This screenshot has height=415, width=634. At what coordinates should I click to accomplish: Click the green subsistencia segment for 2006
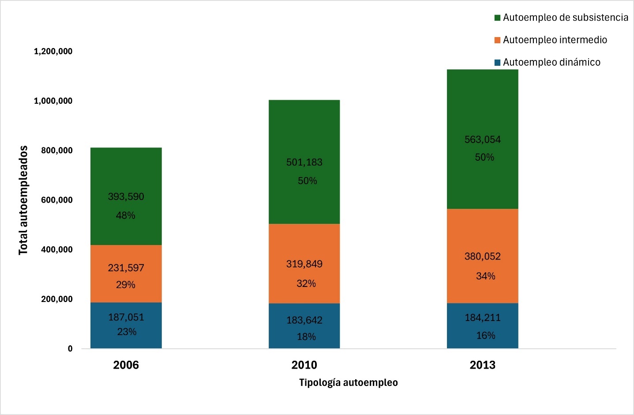[126, 196]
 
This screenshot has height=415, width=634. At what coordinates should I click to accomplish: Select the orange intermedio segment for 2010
[304, 264]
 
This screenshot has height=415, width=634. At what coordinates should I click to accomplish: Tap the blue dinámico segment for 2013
[483, 326]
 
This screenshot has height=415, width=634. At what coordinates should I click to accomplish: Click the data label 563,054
[483, 140]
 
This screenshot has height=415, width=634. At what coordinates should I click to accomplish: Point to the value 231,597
[126, 268]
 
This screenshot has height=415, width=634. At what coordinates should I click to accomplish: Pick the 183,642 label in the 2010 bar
[304, 320]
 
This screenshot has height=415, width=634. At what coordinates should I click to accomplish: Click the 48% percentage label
[126, 215]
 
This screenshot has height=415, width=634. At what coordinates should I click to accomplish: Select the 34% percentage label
[486, 276]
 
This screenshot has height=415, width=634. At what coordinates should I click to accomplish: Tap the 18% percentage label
[306, 336]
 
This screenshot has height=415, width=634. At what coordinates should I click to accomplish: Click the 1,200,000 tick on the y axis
[53, 51]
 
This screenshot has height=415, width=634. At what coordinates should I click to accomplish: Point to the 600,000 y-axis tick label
[57, 200]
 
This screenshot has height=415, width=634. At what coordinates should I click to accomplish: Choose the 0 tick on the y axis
[70, 349]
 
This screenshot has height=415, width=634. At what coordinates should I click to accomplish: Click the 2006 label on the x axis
[126, 365]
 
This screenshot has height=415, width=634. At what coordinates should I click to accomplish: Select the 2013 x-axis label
[483, 365]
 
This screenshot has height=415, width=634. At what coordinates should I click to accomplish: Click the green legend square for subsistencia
[497, 18]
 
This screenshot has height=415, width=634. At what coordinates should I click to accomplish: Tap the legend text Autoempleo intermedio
[555, 40]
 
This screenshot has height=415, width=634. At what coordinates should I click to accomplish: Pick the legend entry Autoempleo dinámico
[548, 62]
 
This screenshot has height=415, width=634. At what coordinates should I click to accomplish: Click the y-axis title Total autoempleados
[23, 200]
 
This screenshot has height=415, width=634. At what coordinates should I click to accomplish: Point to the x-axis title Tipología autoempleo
[349, 382]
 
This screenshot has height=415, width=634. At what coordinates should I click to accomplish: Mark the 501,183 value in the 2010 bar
[304, 162]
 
